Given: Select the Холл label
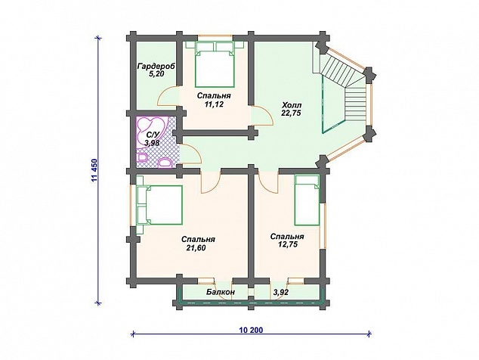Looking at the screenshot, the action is point(291,105).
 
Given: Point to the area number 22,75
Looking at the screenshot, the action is point(291,113).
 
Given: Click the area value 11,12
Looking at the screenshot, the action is point(214,104).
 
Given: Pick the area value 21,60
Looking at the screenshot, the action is point(196,248).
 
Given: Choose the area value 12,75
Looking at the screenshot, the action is point(287,244).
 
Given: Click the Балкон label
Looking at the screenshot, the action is point(221,292).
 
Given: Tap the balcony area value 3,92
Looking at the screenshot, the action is point(281,293).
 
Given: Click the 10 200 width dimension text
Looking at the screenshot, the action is point(251,330).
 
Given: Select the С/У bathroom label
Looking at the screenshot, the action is point(153,135).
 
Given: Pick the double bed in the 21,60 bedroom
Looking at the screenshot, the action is point(159,205).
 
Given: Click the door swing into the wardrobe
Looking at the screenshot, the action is point(168,95).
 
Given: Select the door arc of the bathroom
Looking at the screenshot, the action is point(190,154).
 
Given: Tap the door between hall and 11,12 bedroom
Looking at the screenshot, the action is point(261,115).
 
